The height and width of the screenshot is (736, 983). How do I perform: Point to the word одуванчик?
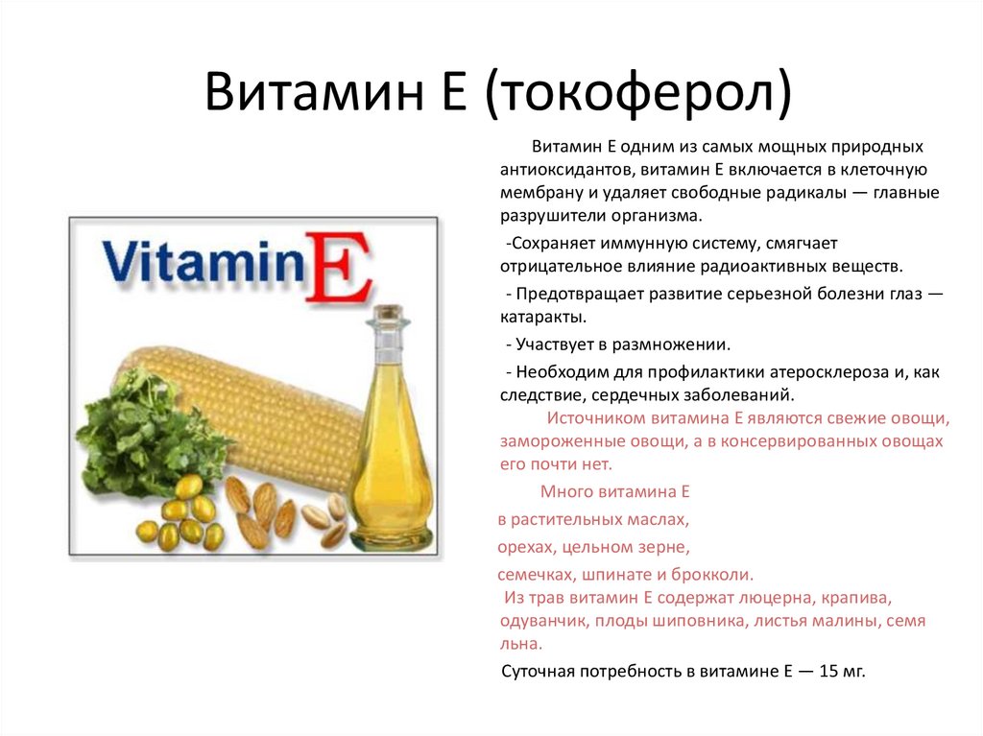point(542,621)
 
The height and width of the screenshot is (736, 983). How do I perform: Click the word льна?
point(521,644)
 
